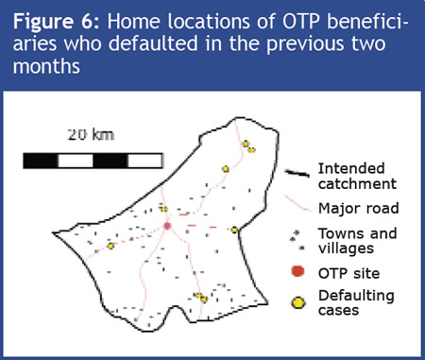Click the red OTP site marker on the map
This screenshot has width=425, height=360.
click(x=167, y=226)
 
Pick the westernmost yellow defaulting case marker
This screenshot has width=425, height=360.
click(x=110, y=246)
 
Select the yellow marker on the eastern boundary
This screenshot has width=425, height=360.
click(x=233, y=230)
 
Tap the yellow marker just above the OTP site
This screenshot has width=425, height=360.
click(x=163, y=209)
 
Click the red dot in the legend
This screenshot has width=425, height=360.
click(x=296, y=273)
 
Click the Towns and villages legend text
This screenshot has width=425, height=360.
click(x=350, y=241)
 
